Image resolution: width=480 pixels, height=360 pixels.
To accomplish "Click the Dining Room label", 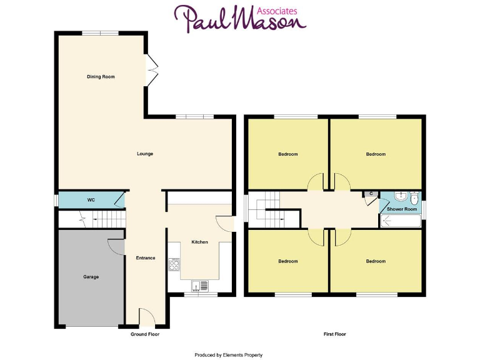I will click(x=101, y=77).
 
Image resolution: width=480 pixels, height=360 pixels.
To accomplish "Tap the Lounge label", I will click(x=145, y=154).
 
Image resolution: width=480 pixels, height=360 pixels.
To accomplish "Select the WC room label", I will click(x=91, y=200).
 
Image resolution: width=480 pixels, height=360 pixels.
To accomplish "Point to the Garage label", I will click(x=91, y=277).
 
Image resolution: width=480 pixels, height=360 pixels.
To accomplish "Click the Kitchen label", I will click(x=199, y=242).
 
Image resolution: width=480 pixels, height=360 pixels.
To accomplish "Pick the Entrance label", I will click(x=145, y=258).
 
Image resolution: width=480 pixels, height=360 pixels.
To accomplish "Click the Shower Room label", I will click(x=402, y=209).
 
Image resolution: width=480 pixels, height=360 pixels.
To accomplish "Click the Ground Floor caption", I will click(x=145, y=335).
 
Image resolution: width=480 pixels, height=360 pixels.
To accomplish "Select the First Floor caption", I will click(x=335, y=335).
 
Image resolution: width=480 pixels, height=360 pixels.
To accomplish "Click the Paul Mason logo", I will click(x=240, y=19).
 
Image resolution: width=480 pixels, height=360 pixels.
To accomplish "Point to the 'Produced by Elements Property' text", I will click(x=228, y=355).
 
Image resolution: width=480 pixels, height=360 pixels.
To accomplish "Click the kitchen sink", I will click(x=200, y=286).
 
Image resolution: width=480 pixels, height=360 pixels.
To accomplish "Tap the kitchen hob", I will click(x=174, y=265).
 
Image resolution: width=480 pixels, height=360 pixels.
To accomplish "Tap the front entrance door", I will click(x=145, y=317).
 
